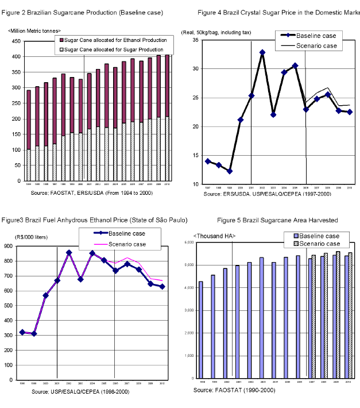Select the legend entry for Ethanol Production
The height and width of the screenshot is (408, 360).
tap(113, 40)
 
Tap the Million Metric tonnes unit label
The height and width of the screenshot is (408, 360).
tap(34, 29)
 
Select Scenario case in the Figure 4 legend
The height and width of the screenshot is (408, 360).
tap(316, 45)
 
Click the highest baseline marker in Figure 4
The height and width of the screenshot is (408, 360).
tap(262, 52)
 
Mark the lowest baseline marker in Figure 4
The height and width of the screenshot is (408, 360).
tap(230, 171)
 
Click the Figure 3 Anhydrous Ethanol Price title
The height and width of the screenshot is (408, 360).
tap(94, 220)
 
